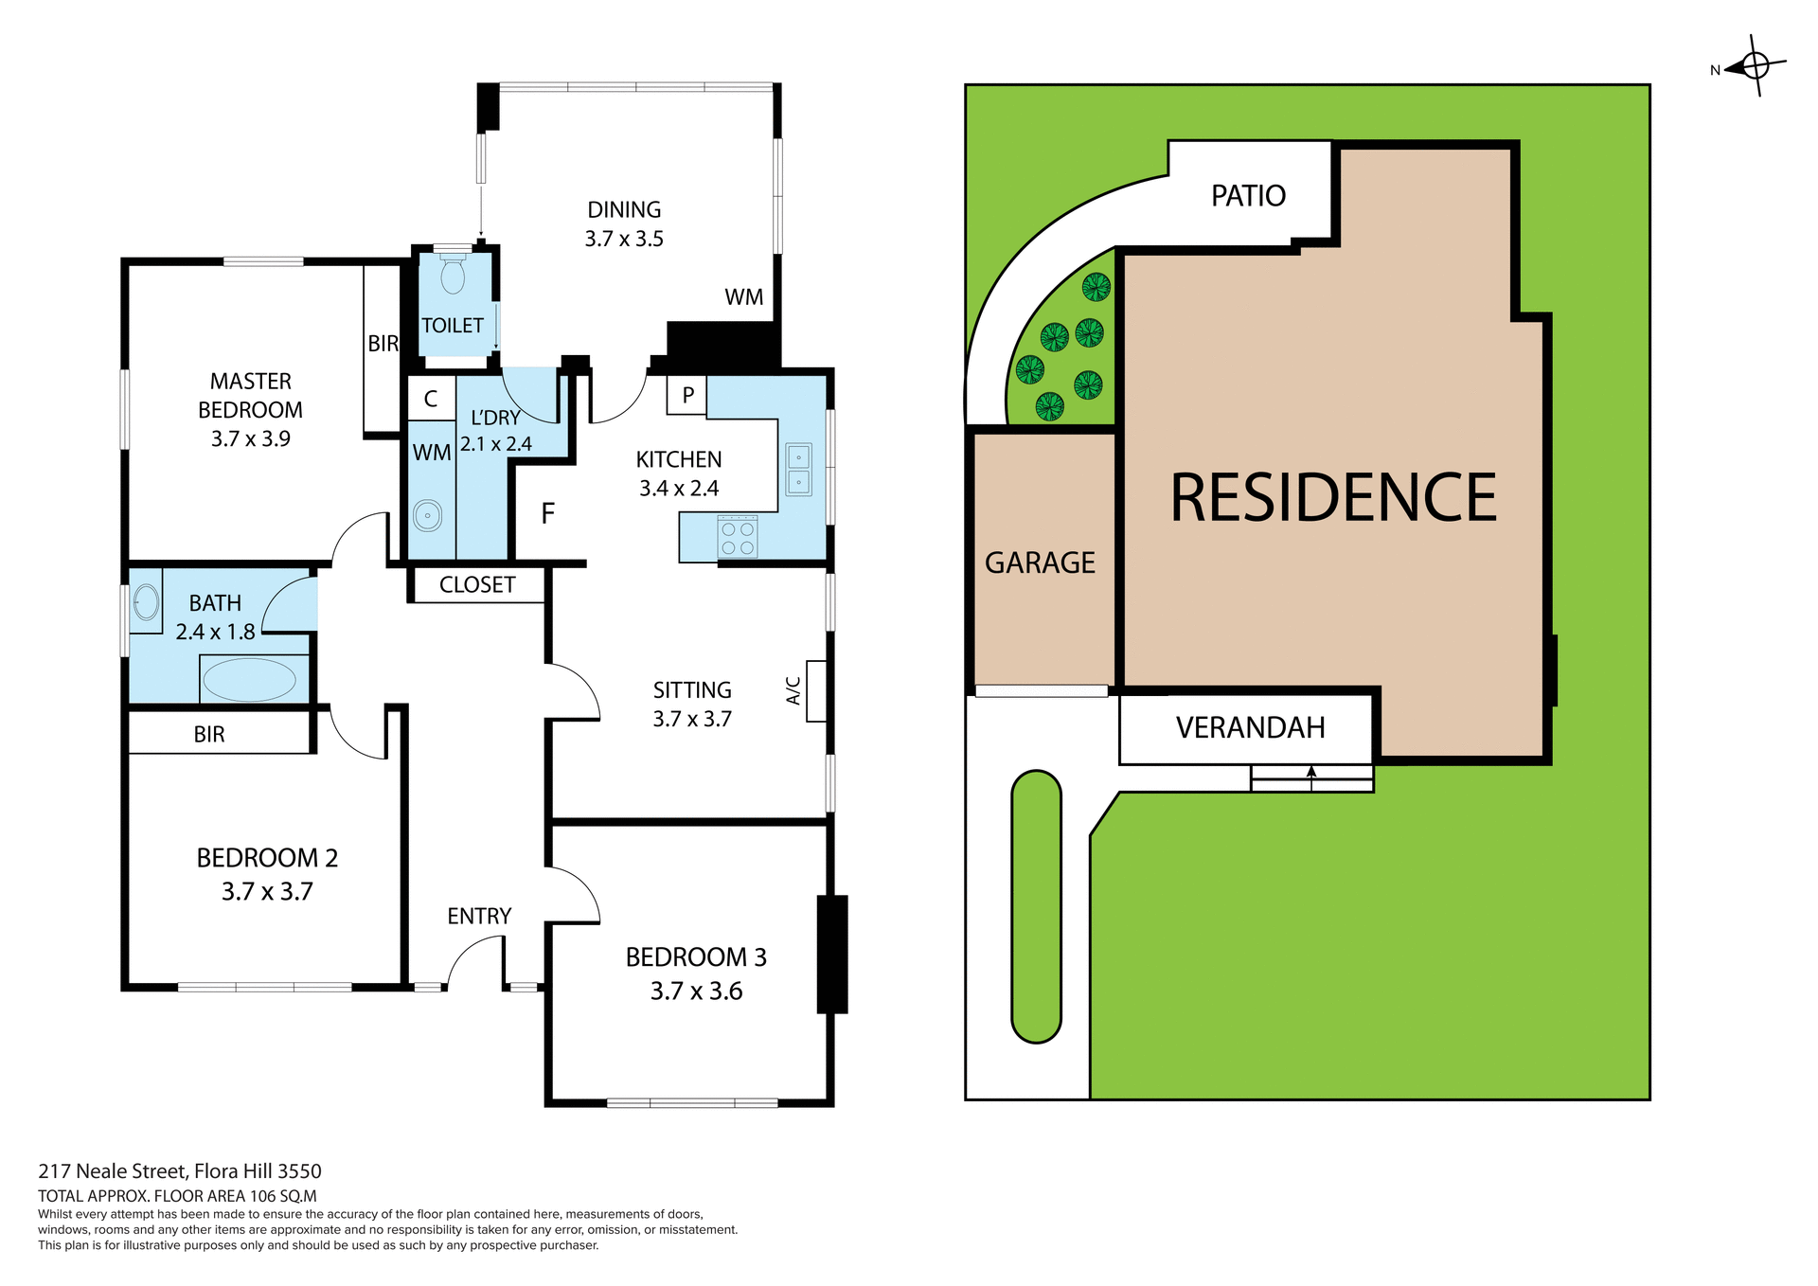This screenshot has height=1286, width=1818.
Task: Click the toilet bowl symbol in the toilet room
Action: click(453, 276)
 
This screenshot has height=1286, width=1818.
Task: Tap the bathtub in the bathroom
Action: click(250, 680)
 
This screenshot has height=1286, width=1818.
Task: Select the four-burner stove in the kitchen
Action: click(738, 537)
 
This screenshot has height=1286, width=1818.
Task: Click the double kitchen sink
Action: click(798, 470)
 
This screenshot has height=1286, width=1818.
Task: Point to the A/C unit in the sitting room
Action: click(816, 691)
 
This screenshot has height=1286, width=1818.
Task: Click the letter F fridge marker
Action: click(547, 513)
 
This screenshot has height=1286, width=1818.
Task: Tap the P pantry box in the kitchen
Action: click(687, 395)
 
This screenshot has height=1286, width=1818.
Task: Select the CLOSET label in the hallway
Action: click(477, 585)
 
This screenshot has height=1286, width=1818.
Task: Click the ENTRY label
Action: click(479, 916)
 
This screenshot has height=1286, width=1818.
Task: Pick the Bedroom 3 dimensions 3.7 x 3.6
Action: click(696, 991)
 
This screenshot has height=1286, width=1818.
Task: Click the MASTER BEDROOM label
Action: click(250, 395)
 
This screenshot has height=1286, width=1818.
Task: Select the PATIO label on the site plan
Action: click(1248, 196)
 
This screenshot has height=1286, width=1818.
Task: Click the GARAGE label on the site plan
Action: click(1040, 563)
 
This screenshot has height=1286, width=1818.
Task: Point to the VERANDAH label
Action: click(1250, 727)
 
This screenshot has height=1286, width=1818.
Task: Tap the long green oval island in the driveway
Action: click(1036, 906)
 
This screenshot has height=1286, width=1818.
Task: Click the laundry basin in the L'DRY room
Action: click(427, 517)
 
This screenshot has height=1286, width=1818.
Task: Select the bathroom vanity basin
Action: click(146, 600)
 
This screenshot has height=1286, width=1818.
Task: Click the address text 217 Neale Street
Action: click(180, 1171)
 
